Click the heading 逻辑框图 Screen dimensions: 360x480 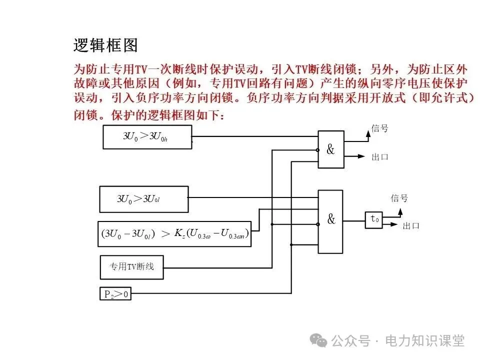pos(105,45)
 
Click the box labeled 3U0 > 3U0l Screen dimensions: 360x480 pos(144,199)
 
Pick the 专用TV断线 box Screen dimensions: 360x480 pos(131,267)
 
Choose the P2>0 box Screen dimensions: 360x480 pos(115,294)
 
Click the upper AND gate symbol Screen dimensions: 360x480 pos(331,149)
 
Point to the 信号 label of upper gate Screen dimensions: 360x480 pos(379,128)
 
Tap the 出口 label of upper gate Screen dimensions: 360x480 pos(379,157)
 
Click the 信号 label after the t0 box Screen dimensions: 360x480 pos(399,198)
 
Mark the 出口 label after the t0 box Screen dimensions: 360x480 pos(411,226)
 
